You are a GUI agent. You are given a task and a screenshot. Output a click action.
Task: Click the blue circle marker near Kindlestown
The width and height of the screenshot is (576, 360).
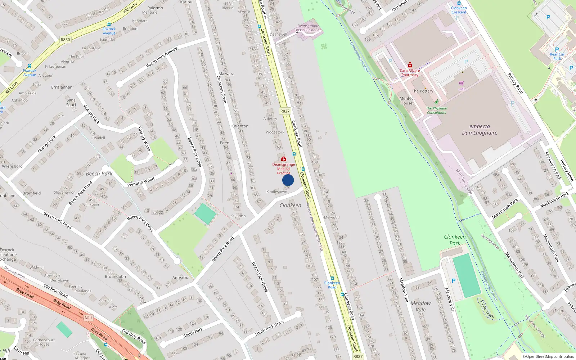(x=288, y=180)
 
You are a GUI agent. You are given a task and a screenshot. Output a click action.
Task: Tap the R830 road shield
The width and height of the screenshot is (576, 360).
(x=65, y=40)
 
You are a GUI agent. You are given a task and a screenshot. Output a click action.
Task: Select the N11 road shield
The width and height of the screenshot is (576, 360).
(x=88, y=318)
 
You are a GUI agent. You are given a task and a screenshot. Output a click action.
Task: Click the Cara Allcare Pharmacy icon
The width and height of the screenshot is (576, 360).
(x=410, y=65)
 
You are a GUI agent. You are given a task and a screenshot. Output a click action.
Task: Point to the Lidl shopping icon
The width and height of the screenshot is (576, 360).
(x=461, y=83)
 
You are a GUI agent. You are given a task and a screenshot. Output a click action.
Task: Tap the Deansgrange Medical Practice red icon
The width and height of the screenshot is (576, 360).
(x=284, y=159)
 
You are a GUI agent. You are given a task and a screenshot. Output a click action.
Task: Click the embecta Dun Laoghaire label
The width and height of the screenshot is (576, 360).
(x=480, y=130)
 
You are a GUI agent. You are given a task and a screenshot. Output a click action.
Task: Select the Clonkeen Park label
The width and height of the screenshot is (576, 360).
(x=455, y=240)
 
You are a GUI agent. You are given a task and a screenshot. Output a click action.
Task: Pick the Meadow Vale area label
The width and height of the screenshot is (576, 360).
(x=420, y=306)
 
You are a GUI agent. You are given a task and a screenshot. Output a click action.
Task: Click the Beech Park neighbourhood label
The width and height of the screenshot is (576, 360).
(x=99, y=174)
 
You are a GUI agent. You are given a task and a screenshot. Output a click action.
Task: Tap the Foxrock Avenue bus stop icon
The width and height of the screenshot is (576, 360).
(x=109, y=24)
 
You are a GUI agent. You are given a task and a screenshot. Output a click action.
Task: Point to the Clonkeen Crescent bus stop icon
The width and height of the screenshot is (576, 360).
(x=459, y=3)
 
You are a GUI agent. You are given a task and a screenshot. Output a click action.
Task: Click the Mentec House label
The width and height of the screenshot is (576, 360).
(x=406, y=101)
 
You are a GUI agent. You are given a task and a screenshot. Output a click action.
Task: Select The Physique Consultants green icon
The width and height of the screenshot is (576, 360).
(x=436, y=102)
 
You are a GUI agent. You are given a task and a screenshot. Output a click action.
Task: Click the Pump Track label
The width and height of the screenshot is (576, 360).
(x=487, y=308)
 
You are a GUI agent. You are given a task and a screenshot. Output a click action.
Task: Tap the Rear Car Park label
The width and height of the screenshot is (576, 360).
(x=557, y=56)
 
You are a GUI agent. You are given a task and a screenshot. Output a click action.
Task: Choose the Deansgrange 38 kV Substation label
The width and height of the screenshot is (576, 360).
(x=308, y=28)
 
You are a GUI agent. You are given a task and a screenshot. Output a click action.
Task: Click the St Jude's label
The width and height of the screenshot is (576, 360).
(x=238, y=216)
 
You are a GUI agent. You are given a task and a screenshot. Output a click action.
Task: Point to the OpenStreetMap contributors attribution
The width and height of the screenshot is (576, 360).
(x=548, y=357)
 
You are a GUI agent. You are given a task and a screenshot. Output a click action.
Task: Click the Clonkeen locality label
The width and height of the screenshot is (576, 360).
(x=290, y=205)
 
